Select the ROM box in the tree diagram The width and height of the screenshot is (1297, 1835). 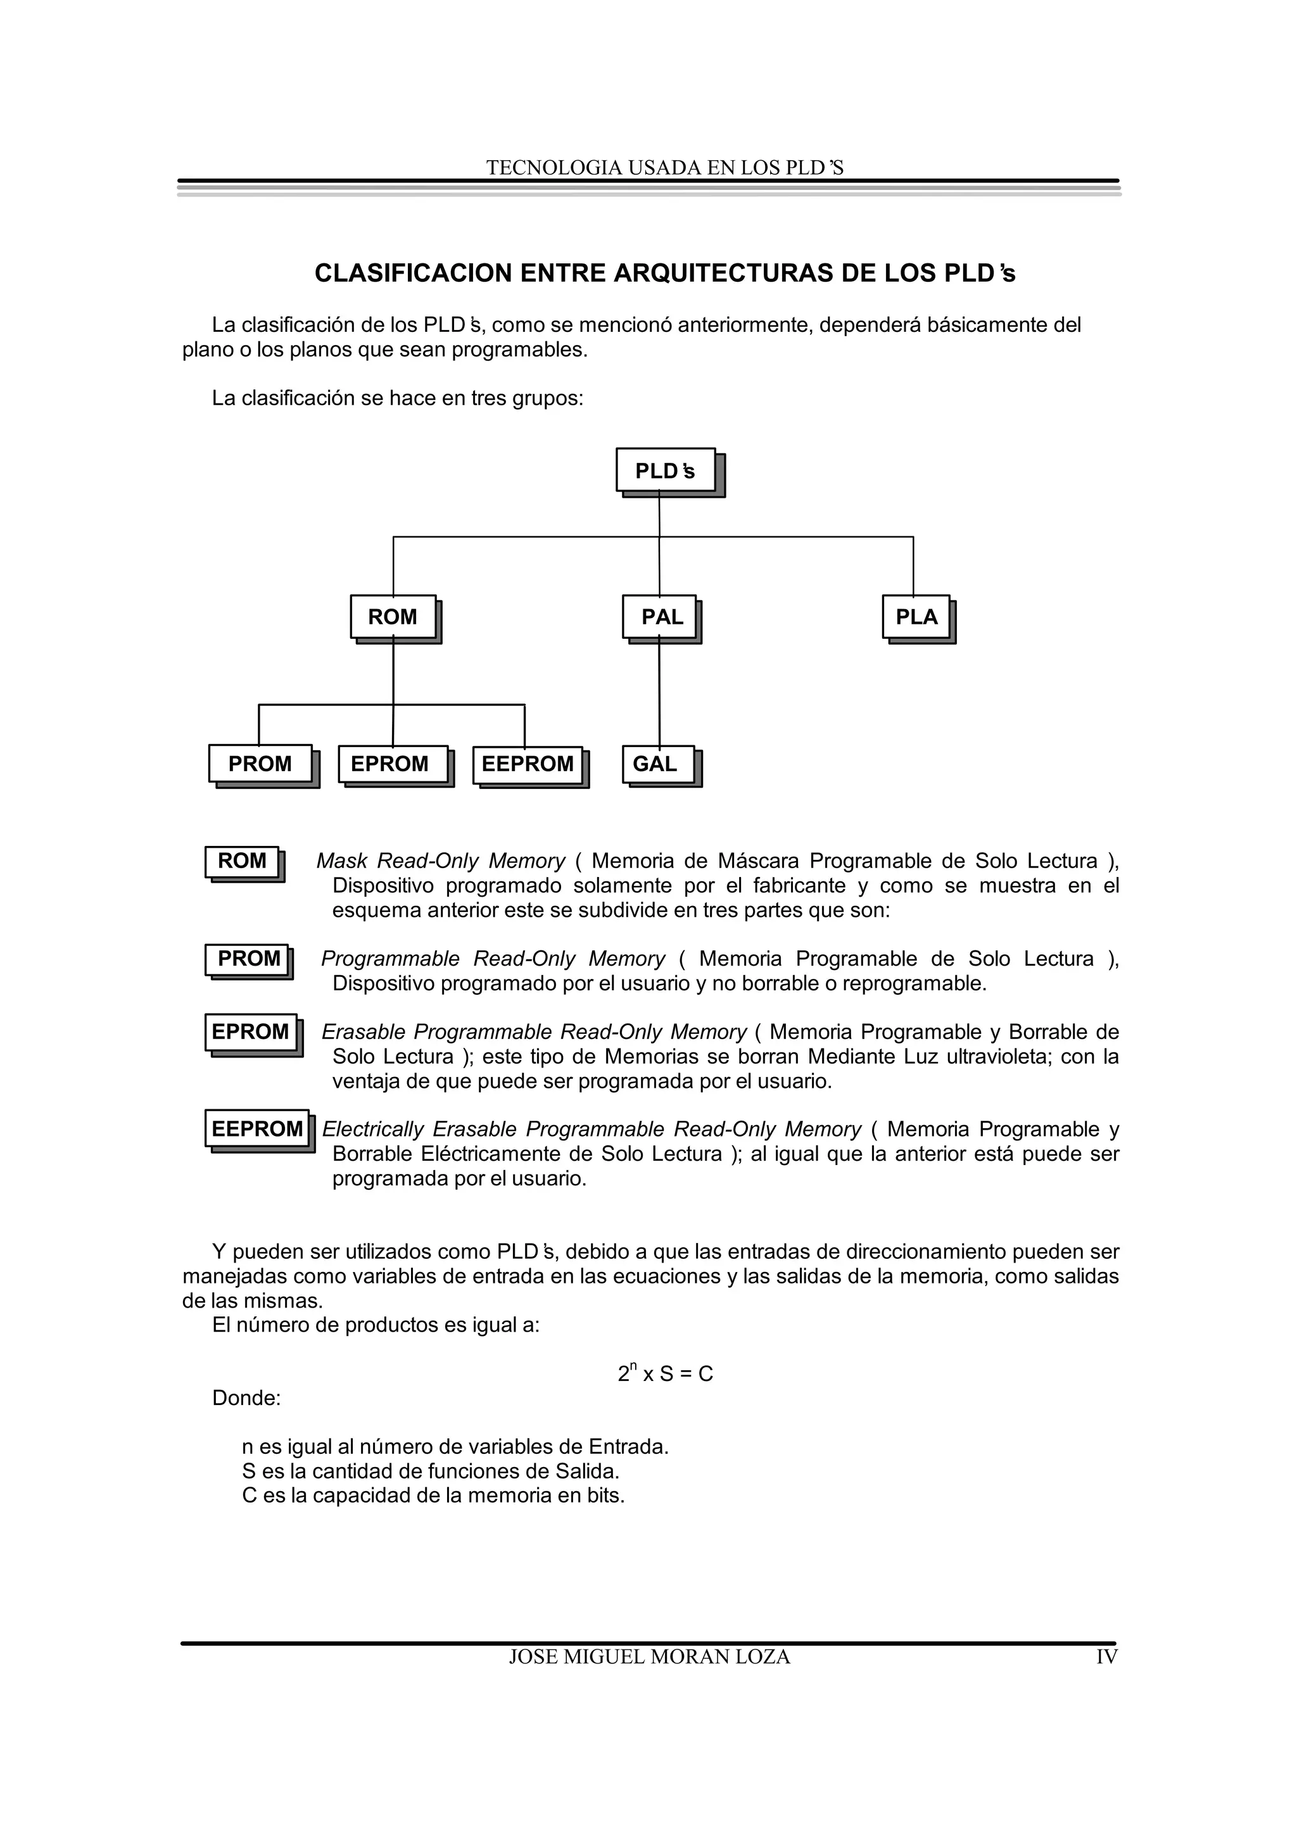(x=393, y=616)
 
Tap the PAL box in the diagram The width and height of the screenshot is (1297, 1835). (x=660, y=616)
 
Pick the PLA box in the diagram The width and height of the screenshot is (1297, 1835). (x=916, y=616)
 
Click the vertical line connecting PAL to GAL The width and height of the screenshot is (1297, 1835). (x=659, y=695)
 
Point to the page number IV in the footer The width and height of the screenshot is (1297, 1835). (x=1106, y=1657)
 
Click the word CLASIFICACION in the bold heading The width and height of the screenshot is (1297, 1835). (x=413, y=274)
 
